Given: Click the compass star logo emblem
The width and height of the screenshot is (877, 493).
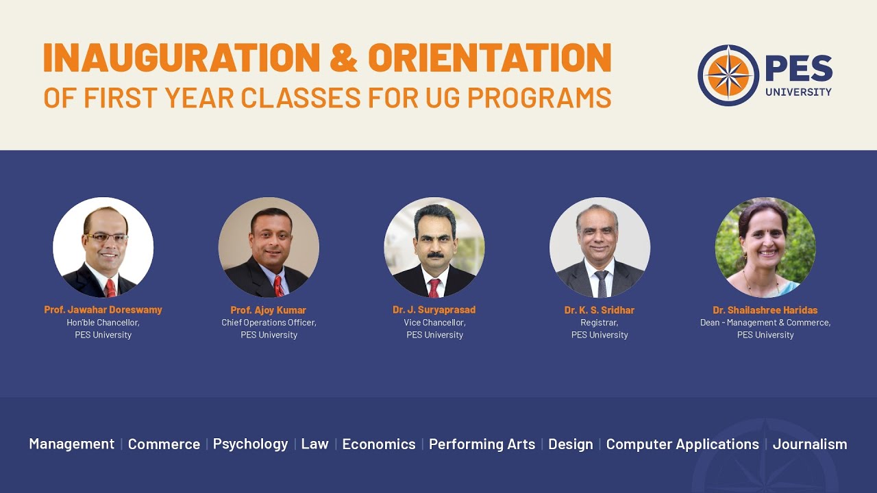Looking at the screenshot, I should [x=728, y=75].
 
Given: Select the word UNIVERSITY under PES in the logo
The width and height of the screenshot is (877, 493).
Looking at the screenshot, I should [x=799, y=92].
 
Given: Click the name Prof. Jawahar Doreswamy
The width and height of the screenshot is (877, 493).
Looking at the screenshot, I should [x=103, y=309].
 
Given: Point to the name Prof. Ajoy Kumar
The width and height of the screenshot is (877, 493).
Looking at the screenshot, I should [x=269, y=310].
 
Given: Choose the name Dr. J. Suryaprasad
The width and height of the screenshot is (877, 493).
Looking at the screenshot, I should [x=434, y=309].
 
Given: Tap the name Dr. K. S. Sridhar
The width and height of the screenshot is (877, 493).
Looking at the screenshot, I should [x=600, y=310].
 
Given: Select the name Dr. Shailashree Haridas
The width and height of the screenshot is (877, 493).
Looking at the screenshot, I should [x=765, y=310].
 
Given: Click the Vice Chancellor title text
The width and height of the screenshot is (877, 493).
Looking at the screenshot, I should [x=434, y=323].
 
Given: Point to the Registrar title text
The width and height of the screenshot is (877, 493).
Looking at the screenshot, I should [x=600, y=323].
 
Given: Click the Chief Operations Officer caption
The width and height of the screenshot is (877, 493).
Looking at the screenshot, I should [x=269, y=323].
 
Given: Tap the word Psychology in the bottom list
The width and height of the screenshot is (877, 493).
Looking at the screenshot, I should [x=250, y=444].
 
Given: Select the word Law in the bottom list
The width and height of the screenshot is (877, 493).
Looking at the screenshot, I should [x=314, y=444].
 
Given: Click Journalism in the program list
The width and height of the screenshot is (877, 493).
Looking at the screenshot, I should [x=810, y=444].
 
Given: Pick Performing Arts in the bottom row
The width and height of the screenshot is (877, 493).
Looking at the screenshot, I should [x=482, y=444].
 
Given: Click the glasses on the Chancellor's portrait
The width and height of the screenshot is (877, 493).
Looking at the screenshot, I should [x=106, y=238].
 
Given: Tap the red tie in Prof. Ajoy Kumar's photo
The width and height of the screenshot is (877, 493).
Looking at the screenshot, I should [x=278, y=285].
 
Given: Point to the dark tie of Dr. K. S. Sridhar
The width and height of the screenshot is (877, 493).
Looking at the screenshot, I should [x=601, y=283].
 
